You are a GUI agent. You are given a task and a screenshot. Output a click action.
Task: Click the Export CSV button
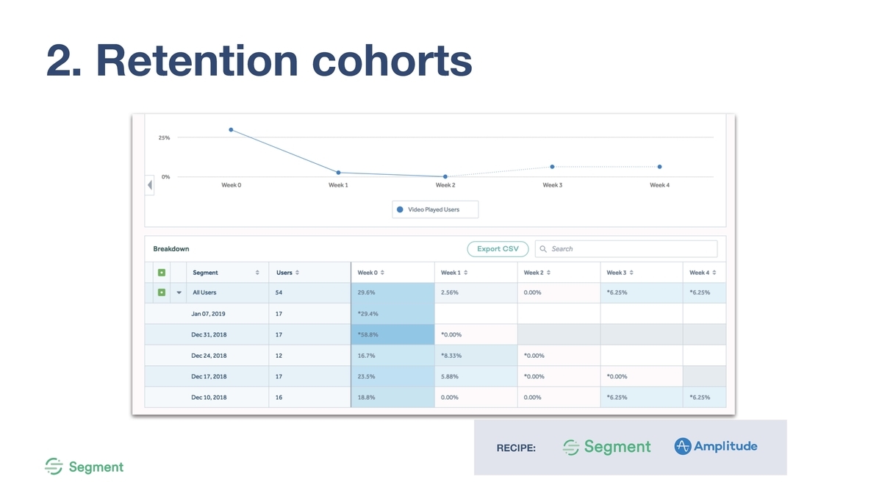pyautogui.click(x=498, y=249)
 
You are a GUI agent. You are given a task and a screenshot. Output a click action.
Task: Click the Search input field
pyautogui.click(x=626, y=249)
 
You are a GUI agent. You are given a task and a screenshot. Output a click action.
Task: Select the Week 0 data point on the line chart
pyautogui.click(x=231, y=129)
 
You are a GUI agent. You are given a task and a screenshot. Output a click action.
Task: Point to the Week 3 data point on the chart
pyautogui.click(x=553, y=167)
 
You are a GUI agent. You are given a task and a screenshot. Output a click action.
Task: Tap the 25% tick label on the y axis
pyautogui.click(x=164, y=138)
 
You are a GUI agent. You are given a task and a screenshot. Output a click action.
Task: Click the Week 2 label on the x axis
pyautogui.click(x=445, y=185)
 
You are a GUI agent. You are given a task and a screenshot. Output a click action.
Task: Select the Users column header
pyautogui.click(x=284, y=273)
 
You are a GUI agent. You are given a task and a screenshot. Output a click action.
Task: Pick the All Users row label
pyautogui.click(x=204, y=292)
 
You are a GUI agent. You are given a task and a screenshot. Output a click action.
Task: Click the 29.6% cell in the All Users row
pyautogui.click(x=366, y=292)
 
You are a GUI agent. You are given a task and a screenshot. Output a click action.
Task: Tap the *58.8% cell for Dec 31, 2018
pyautogui.click(x=367, y=334)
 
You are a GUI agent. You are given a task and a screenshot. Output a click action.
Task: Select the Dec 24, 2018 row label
pyautogui.click(x=209, y=356)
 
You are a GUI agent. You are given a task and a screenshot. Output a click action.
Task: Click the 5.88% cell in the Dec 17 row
pyautogui.click(x=449, y=376)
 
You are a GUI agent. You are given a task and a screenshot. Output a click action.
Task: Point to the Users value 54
pyautogui.click(x=279, y=292)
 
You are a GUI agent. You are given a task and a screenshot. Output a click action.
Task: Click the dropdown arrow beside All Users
pyautogui.click(x=179, y=292)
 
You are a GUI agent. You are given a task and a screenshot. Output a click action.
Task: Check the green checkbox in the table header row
pyautogui.click(x=162, y=273)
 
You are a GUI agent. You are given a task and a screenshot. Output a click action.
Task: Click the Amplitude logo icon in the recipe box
pyautogui.click(x=682, y=446)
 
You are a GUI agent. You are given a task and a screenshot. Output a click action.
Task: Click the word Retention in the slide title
pyautogui.click(x=197, y=60)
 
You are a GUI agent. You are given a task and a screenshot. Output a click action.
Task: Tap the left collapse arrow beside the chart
pyautogui.click(x=150, y=185)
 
